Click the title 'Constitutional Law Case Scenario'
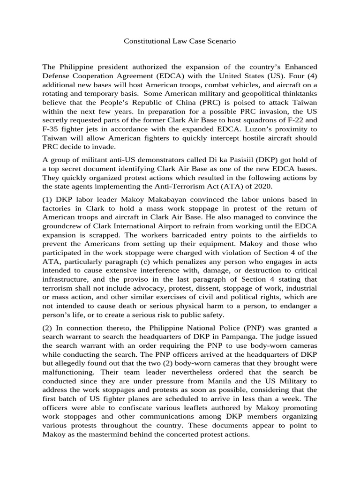(180, 41)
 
